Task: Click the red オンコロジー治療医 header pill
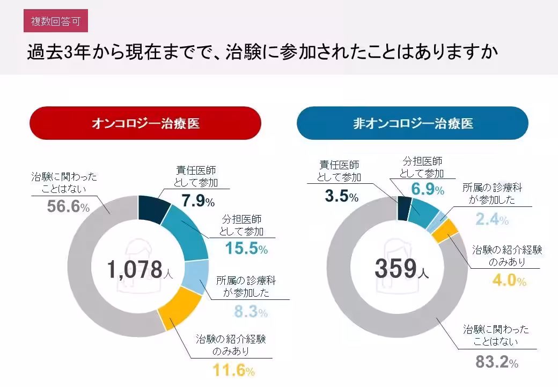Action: pyautogui.click(x=145, y=123)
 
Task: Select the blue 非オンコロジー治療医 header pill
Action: pyautogui.click(x=413, y=123)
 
